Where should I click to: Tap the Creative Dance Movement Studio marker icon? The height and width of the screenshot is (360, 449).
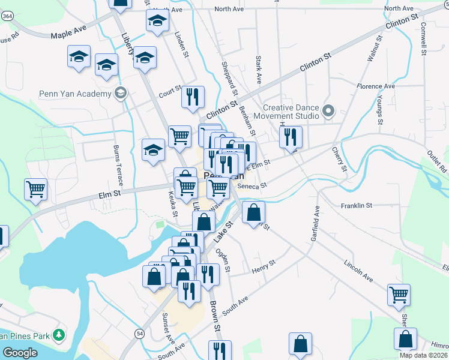pyautogui.click(x=328, y=111)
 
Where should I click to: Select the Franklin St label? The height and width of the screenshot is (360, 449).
pyautogui.click(x=357, y=205)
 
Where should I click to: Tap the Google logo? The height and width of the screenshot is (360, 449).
pyautogui.click(x=20, y=353)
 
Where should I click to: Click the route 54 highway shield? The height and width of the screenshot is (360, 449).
pyautogui.click(x=140, y=332)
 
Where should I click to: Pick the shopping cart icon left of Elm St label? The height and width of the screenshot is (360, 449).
pyautogui.click(x=36, y=190)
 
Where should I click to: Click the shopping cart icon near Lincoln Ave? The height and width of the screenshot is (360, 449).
pyautogui.click(x=399, y=295)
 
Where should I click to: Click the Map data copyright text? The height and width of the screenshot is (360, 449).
pyautogui.click(x=423, y=355)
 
